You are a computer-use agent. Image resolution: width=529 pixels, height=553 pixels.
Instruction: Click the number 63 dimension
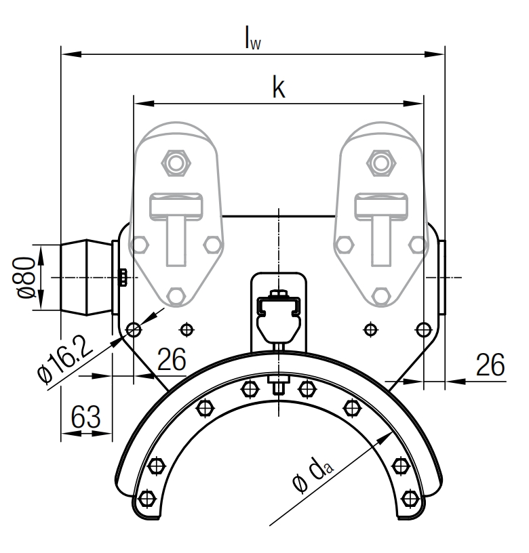coord(86,417)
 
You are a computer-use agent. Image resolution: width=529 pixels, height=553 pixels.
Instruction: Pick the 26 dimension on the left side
coord(172,360)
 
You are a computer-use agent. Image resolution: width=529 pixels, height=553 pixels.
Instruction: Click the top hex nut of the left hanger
coord(176,163)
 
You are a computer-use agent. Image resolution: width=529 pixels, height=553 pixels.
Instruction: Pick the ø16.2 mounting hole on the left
coord(134,329)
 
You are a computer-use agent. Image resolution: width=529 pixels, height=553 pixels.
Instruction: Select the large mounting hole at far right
coord(423,329)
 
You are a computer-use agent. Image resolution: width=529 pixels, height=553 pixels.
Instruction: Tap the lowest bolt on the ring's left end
coord(144,500)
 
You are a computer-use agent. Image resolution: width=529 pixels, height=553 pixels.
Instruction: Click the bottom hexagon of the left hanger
coord(176,295)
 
